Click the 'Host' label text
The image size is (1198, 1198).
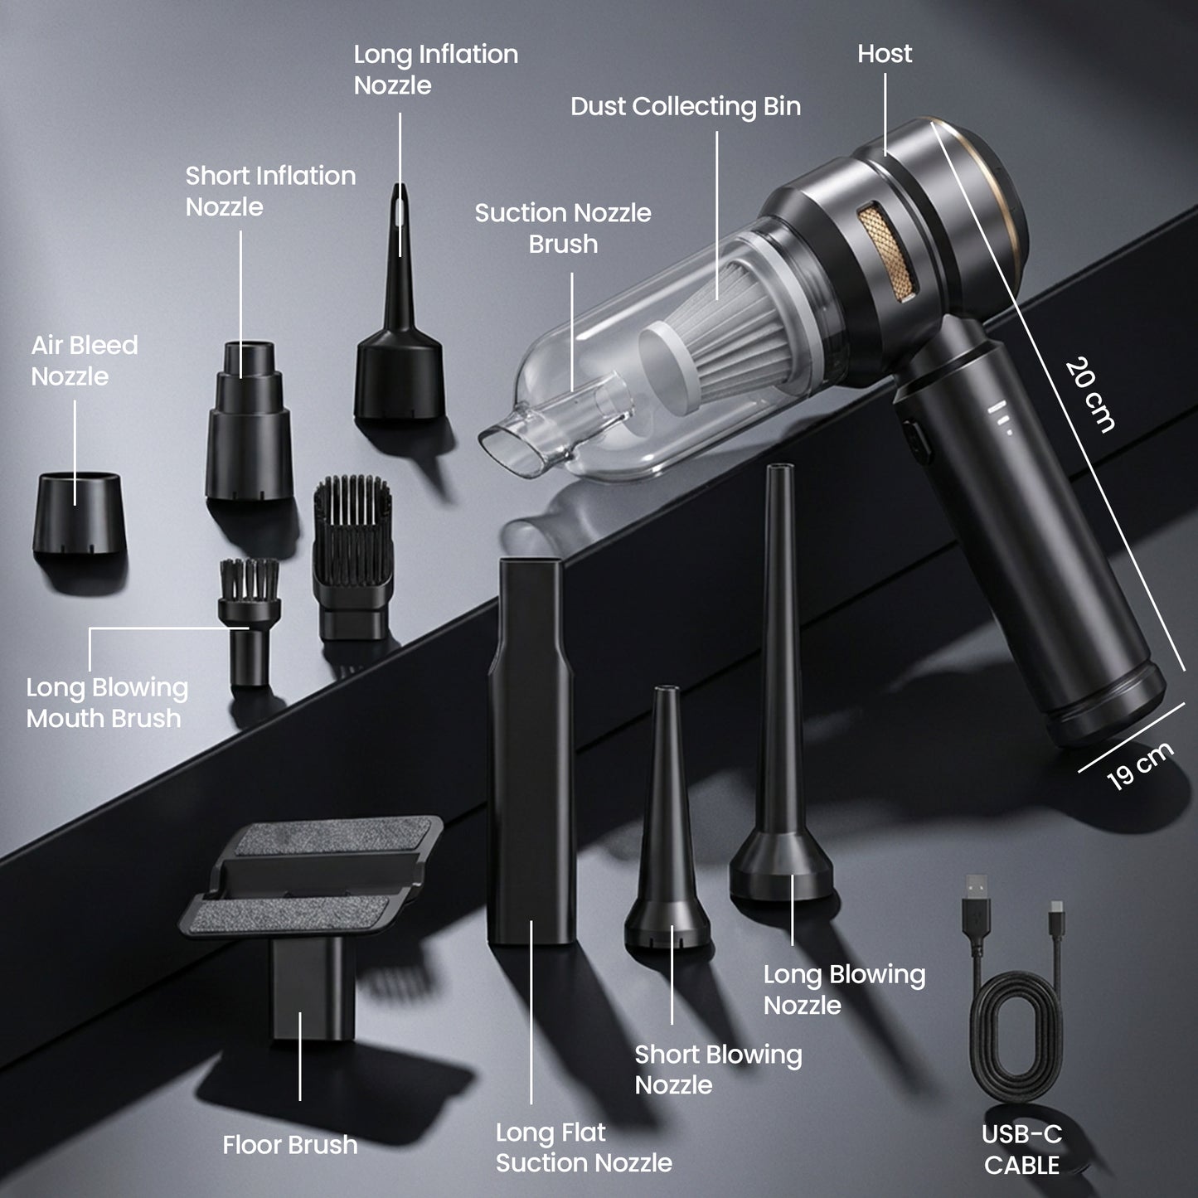coord(885,54)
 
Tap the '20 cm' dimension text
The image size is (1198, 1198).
coord(1089,395)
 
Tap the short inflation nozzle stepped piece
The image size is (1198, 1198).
coord(249,431)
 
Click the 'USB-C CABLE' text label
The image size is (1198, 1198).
coord(1021,1149)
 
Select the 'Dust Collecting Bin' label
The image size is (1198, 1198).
coord(686,107)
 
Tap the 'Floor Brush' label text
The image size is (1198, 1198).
coord(290,1145)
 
